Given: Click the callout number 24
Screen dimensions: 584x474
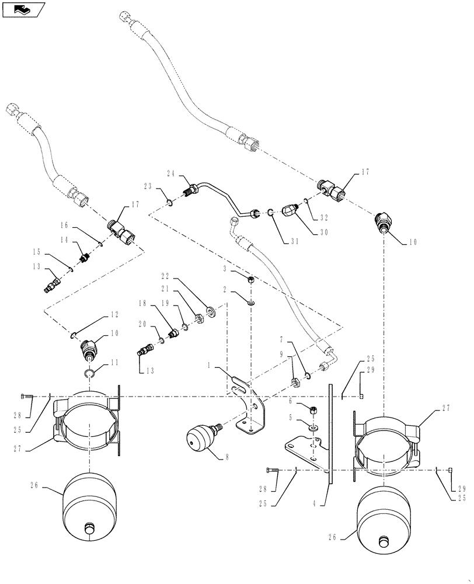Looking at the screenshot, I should tap(170, 173).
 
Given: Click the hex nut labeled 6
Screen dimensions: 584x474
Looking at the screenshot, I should tap(313, 409).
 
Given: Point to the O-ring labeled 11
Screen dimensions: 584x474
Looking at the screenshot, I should tap(89, 374).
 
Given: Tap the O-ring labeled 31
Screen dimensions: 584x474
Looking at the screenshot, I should tap(272, 213).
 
